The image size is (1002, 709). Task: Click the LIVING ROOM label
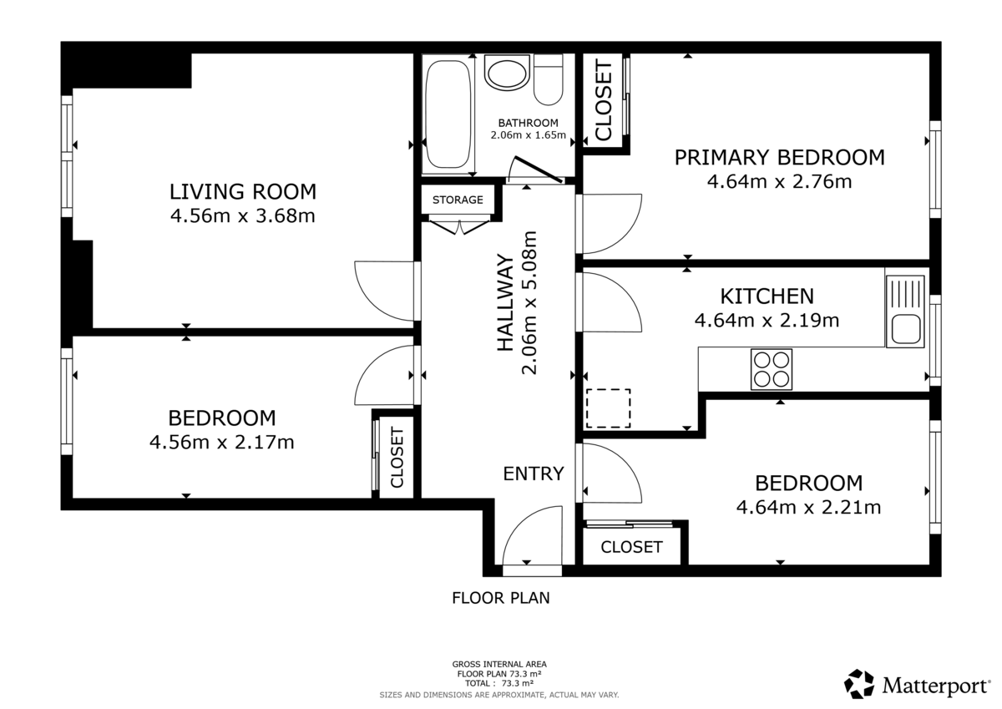(x=243, y=192)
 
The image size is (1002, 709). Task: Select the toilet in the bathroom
(x=548, y=81)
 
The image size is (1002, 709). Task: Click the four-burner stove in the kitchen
(x=772, y=368)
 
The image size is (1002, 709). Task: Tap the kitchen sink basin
(x=905, y=328)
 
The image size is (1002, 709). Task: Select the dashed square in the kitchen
(x=608, y=408)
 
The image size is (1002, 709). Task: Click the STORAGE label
(x=458, y=200)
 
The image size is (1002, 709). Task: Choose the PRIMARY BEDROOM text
(x=779, y=157)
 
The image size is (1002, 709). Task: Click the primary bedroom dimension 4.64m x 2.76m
(x=779, y=181)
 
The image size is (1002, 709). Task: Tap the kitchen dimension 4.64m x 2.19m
(x=767, y=319)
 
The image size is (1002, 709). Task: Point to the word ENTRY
(x=533, y=474)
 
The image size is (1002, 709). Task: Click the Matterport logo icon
(x=859, y=684)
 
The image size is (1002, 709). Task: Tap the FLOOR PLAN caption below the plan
(x=501, y=598)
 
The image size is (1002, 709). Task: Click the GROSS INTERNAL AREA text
(x=499, y=665)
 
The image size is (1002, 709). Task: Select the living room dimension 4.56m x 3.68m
(x=243, y=217)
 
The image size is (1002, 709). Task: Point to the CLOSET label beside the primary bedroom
(x=603, y=102)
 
